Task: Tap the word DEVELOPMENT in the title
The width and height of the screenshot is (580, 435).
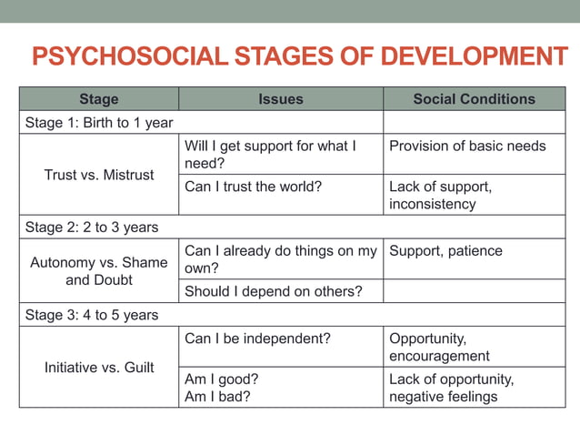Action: pyautogui.click(x=474, y=57)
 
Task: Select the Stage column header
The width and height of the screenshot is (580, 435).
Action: pyautogui.click(x=98, y=99)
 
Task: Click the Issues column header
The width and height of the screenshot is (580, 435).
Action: pyautogui.click(x=280, y=99)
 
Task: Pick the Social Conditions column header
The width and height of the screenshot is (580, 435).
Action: pyautogui.click(x=474, y=99)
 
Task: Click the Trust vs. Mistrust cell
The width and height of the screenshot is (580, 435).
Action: pyautogui.click(x=99, y=174)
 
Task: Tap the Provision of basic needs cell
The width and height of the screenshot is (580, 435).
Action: pyautogui.click(x=467, y=146)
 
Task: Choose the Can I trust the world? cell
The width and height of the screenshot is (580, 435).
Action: pyautogui.click(x=253, y=187)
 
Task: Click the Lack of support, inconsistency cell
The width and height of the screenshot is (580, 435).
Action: pyautogui.click(x=441, y=195)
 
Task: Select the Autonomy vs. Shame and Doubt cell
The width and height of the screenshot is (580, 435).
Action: pyautogui.click(x=99, y=271)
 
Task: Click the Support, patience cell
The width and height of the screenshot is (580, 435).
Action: pyautogui.click(x=445, y=250)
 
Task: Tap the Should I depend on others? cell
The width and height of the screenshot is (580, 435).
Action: pyautogui.click(x=273, y=291)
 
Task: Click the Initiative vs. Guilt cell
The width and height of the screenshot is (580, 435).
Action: pyautogui.click(x=99, y=368)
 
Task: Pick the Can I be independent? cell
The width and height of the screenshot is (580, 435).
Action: pyautogui.click(x=257, y=339)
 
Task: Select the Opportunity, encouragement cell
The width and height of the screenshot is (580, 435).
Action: pyautogui.click(x=439, y=347)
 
